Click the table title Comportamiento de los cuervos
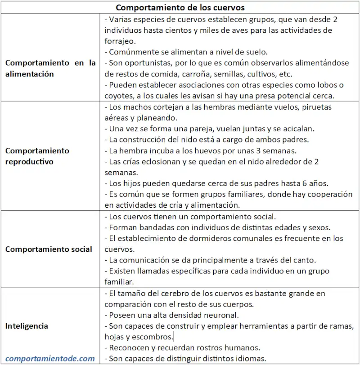[x=180, y=8]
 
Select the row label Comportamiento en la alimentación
[x=50, y=69]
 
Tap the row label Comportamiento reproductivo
[x=37, y=156]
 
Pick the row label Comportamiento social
[x=49, y=249]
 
